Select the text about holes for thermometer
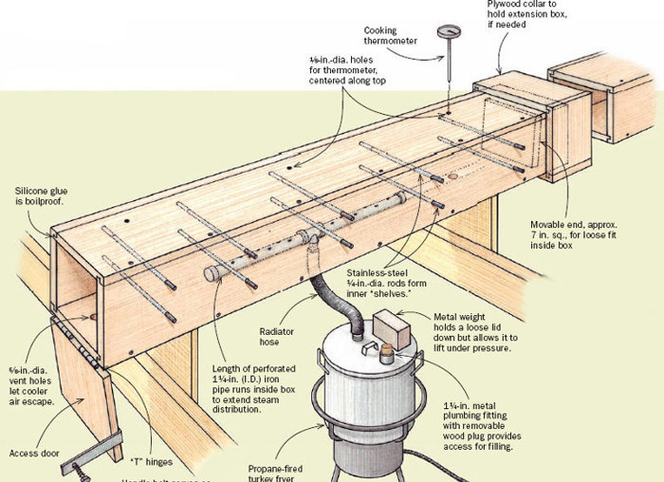355,72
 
